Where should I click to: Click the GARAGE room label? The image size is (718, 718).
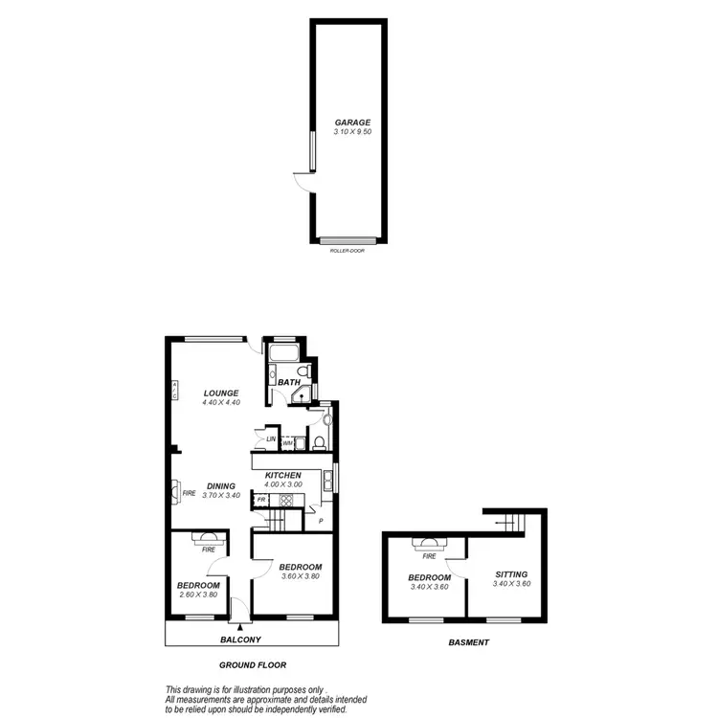coord(352,123)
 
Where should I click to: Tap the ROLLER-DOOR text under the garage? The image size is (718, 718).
coord(347,250)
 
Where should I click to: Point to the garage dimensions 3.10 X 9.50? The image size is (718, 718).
coord(352,132)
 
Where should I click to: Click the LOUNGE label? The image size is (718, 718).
coord(220,393)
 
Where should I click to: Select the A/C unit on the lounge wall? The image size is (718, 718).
coord(175,390)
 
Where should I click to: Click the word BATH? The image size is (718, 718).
coord(290,383)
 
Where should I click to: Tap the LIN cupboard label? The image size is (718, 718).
coord(271,438)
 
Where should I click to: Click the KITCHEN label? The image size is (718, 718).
coord(284,476)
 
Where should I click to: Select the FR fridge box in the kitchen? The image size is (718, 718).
coord(260,500)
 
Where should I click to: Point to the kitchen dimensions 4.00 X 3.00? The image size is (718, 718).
coord(284,485)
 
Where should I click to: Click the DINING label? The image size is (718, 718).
coord(221,485)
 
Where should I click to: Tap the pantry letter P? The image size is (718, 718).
coord(321,522)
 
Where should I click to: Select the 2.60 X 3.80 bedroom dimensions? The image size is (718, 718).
coord(199,595)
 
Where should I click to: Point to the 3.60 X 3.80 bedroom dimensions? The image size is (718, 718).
coord(300,576)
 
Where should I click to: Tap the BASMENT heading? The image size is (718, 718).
coord(469,643)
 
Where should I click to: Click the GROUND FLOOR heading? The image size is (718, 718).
coord(252,664)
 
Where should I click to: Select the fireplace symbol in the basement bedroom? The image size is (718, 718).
coord(429,543)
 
